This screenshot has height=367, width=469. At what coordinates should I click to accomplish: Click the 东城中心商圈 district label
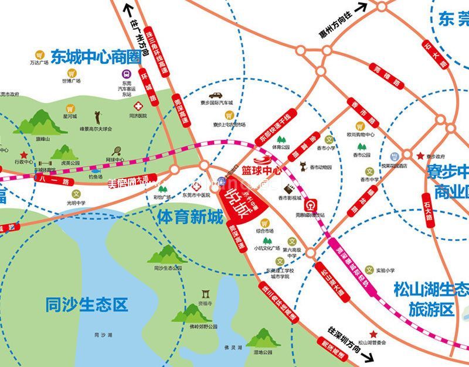(x=97, y=57)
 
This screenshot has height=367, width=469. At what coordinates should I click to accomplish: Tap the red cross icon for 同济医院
(x=138, y=107)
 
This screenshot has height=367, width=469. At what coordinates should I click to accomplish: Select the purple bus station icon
(x=127, y=74)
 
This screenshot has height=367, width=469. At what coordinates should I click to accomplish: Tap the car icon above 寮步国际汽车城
(x=215, y=95)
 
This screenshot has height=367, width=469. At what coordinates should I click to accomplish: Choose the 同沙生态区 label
(x=86, y=305)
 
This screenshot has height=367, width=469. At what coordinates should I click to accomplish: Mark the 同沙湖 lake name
(x=102, y=335)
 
